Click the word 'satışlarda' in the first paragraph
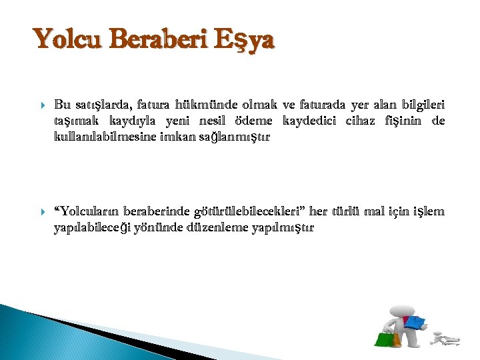click(x=103, y=105)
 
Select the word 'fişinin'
click(x=415, y=121)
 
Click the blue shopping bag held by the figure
click(x=415, y=323)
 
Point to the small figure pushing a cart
click(x=445, y=339)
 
